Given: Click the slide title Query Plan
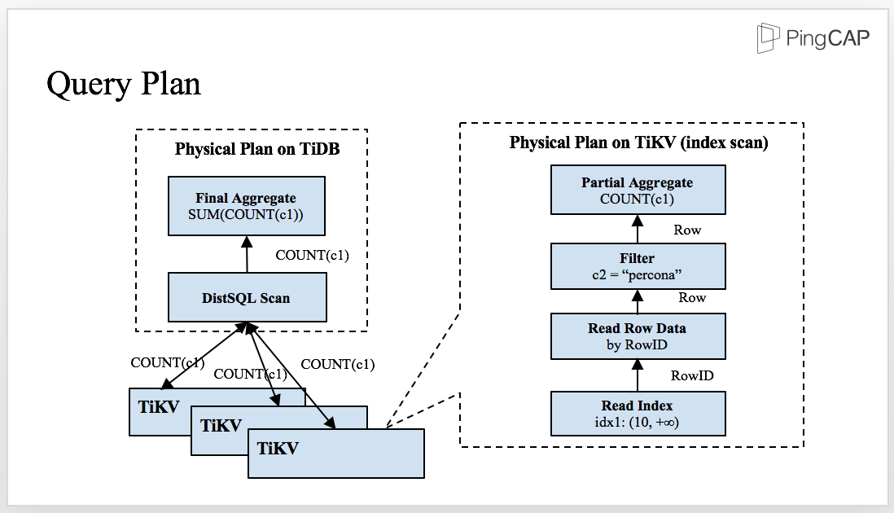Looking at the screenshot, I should point(124,84).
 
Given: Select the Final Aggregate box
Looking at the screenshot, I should point(246,206).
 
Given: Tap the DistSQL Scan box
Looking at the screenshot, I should point(246,297).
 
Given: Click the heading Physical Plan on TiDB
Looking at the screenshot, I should point(257,150).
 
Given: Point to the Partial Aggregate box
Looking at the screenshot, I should point(638,191).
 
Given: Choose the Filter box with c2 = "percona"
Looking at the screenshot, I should point(638,266).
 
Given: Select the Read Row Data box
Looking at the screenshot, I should point(638,336).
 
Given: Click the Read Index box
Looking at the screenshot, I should point(638,414).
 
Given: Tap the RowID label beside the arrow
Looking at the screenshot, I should point(692,375).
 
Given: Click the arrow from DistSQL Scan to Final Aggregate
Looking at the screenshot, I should point(246,255).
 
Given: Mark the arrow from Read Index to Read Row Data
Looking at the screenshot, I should point(638,375).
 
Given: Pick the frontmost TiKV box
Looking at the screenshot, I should point(335,453).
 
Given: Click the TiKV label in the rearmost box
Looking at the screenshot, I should point(159,408).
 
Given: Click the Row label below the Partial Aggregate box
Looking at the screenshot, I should point(687,230).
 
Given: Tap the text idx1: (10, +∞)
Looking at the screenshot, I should point(638,422).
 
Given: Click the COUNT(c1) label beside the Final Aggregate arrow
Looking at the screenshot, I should point(313,256).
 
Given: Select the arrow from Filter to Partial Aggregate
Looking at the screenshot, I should point(638,230).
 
